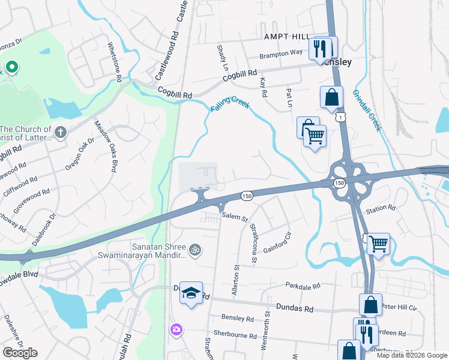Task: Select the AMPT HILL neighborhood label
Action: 286,37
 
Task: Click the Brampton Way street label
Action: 281,53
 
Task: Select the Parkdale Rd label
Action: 303,287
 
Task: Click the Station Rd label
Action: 381,208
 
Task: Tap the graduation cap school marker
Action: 191,293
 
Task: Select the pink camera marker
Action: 176,329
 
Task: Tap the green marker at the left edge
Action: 11,67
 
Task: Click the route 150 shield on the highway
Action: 246,196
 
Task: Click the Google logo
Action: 20,353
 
